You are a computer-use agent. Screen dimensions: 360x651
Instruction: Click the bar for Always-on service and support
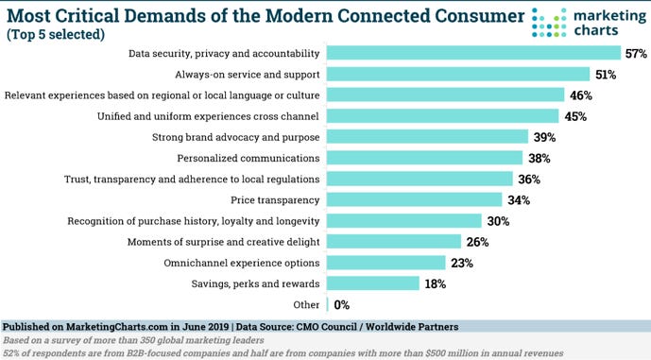[x=458, y=74]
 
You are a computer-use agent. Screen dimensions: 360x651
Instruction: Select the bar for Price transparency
[x=414, y=199]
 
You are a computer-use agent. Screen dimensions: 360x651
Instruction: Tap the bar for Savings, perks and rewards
[x=373, y=283]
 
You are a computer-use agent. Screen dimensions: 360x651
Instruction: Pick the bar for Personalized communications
[x=424, y=158]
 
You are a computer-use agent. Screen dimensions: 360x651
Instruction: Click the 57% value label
[x=635, y=53]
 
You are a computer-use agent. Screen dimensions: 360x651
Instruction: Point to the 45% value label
[x=575, y=116]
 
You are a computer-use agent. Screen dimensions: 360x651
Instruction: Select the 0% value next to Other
[x=343, y=304]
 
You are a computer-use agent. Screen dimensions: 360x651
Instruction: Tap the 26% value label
[x=476, y=242]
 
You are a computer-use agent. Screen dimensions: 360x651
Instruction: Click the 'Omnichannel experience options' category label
[x=242, y=263]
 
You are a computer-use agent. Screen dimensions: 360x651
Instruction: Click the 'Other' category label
[x=306, y=304]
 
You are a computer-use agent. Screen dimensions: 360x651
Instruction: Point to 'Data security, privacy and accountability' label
[x=224, y=53]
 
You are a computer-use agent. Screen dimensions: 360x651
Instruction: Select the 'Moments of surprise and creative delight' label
[x=223, y=242]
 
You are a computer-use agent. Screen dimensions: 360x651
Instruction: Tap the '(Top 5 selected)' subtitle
[x=56, y=34]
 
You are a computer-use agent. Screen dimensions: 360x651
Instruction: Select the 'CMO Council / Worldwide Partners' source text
[x=378, y=327]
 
